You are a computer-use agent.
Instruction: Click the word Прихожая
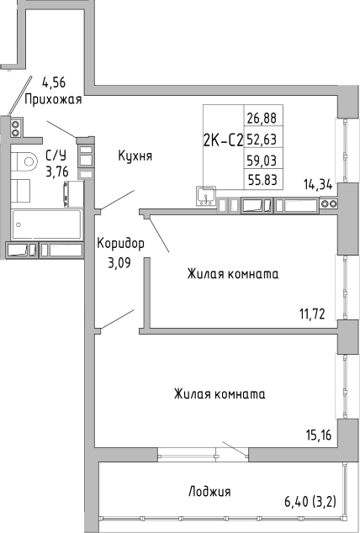point(54,99)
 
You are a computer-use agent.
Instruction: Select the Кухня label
point(135,156)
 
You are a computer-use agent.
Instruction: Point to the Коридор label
point(120,243)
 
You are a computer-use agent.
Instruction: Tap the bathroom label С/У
point(56,155)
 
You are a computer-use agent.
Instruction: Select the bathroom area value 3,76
point(56,172)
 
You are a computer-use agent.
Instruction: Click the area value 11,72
point(312,315)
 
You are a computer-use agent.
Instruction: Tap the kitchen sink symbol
point(205,197)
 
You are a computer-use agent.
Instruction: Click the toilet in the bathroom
point(28,161)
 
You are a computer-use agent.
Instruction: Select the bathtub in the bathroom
point(46,224)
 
